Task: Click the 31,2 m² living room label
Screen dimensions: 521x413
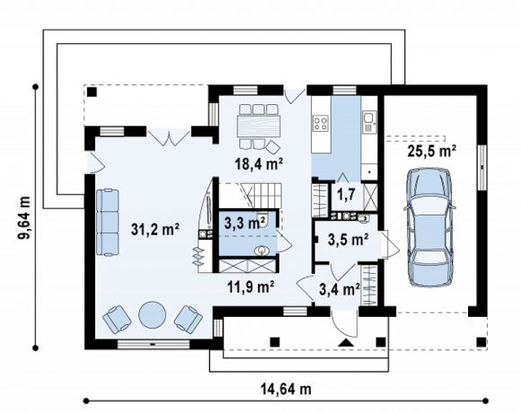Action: click(155, 229)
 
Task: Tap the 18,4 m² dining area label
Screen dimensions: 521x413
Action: click(260, 163)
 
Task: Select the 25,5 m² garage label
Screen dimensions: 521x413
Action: click(431, 151)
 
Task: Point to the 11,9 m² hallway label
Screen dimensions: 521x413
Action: click(251, 286)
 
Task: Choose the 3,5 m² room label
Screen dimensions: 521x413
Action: click(348, 240)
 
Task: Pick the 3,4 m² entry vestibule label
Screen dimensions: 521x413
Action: click(340, 289)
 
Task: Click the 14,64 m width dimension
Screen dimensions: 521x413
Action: click(286, 389)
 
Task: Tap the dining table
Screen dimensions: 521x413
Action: click(260, 126)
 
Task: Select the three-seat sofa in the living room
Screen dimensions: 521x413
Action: click(108, 223)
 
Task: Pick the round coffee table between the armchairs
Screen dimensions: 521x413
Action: click(152, 315)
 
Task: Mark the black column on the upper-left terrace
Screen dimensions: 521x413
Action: click(92, 92)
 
